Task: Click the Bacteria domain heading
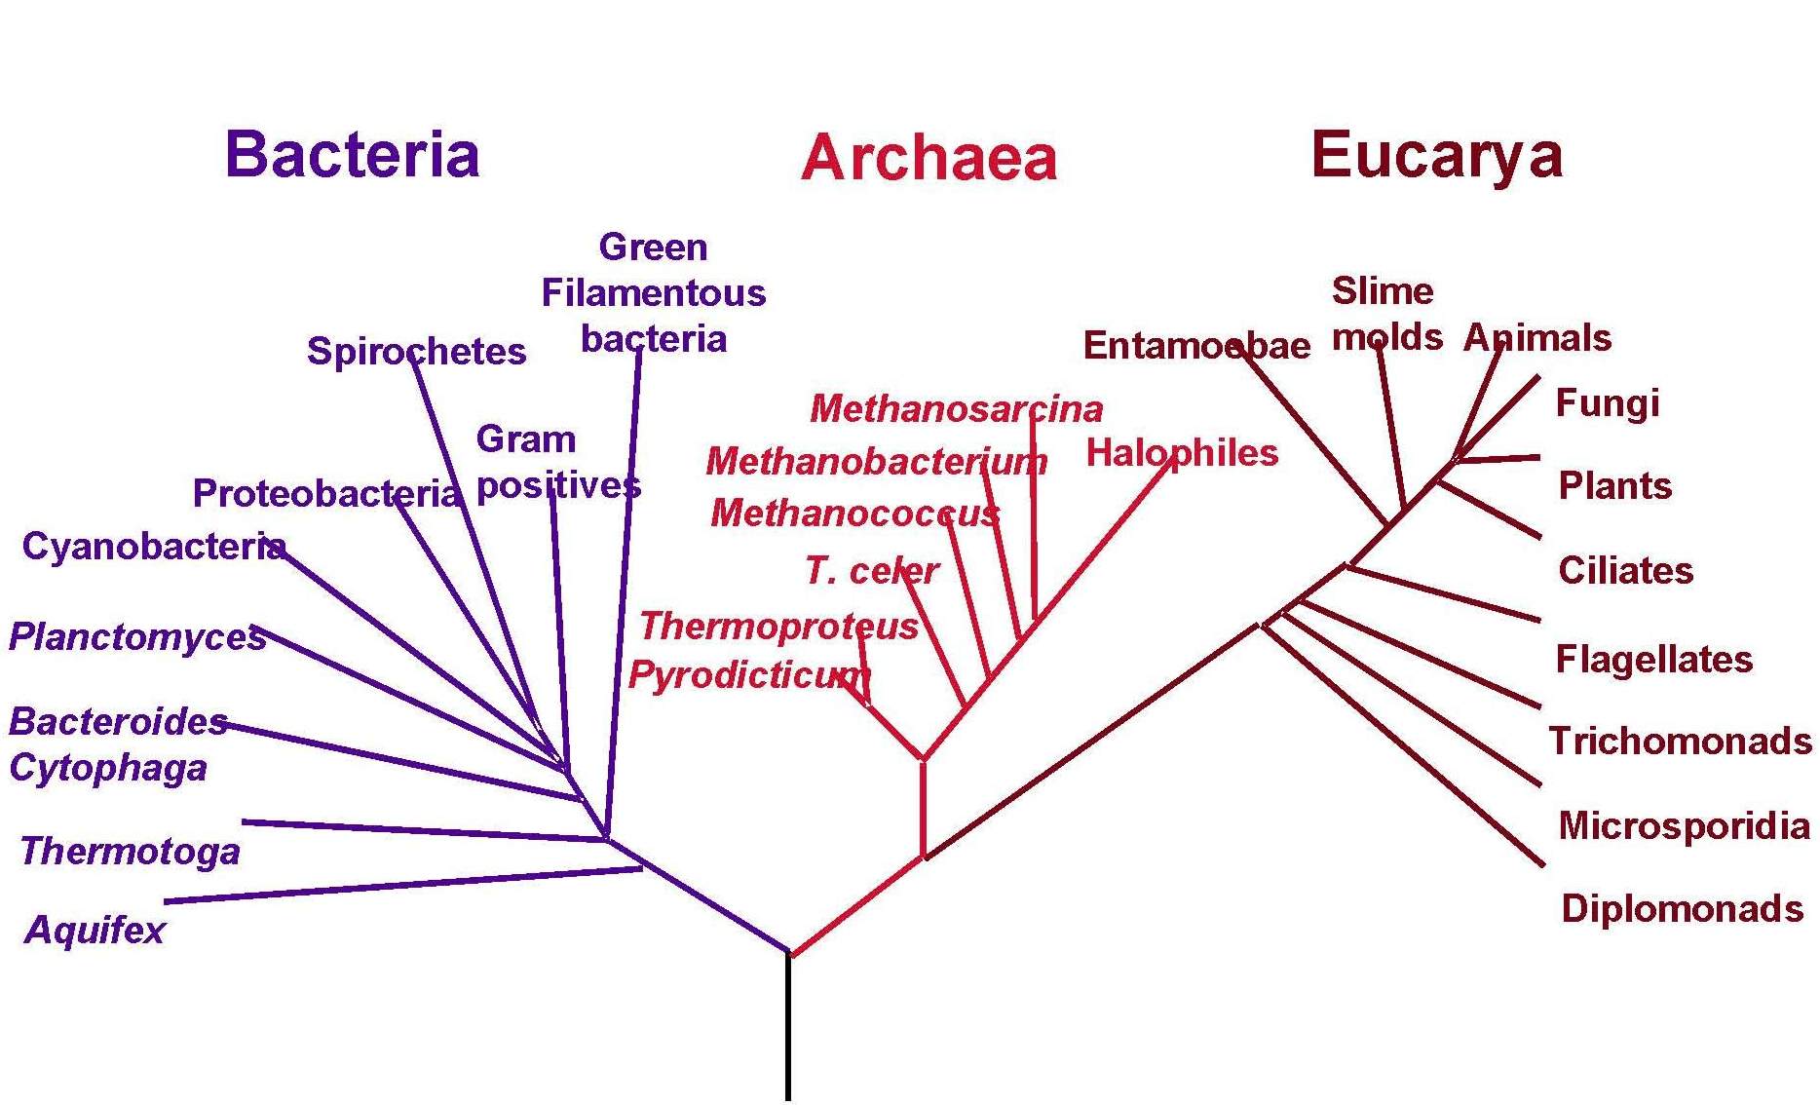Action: point(352,154)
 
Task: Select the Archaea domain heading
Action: point(929,158)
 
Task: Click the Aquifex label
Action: point(95,930)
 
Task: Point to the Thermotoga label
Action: point(130,852)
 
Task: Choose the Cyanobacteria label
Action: point(154,546)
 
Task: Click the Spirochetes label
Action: point(416,351)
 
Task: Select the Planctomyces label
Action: point(137,637)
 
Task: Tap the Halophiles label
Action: point(1182,453)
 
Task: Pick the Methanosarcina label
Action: point(957,408)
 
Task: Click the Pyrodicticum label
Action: point(748,674)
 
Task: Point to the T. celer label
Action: point(872,570)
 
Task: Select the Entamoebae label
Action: point(1196,346)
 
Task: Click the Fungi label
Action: point(1608,403)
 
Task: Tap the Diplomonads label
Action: point(1683,908)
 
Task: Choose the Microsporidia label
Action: point(1685,825)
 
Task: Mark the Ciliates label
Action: point(1626,570)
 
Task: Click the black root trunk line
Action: point(788,1027)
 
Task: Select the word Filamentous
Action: point(654,293)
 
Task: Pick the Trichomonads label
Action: point(1681,742)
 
